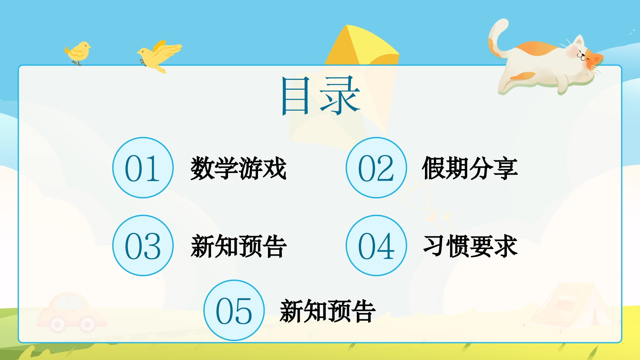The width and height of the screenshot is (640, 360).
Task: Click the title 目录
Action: point(321,96)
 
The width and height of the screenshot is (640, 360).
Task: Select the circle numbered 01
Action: point(143,168)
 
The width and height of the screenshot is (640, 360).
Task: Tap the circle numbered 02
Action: point(376,168)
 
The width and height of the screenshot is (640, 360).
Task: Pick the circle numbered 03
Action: point(143,245)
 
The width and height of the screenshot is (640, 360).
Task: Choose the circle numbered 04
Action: point(376,245)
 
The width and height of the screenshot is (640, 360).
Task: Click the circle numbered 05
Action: point(234,310)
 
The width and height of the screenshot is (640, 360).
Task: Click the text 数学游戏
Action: point(239,168)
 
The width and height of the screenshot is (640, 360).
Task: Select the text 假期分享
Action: point(470,168)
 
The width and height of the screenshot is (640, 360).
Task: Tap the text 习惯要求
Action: point(470,246)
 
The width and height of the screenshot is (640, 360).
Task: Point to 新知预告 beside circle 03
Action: point(239,246)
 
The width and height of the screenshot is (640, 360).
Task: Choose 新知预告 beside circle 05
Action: point(328,311)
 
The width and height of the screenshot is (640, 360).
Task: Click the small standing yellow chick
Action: point(78,53)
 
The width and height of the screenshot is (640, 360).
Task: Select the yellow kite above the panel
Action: point(362,45)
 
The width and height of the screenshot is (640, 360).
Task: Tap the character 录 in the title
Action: point(340,96)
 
